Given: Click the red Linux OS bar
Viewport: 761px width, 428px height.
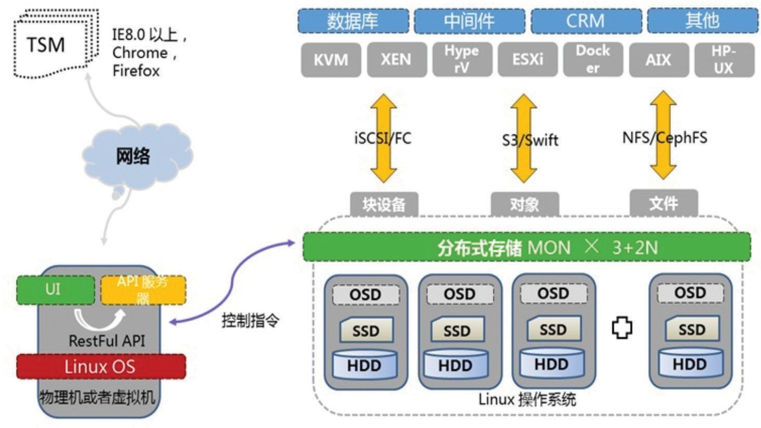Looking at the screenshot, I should click(x=101, y=367).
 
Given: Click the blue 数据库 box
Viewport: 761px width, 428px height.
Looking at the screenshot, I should click(x=353, y=21).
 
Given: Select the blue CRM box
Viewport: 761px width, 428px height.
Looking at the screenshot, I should click(x=586, y=21).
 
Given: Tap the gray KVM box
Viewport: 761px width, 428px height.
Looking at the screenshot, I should click(x=331, y=60).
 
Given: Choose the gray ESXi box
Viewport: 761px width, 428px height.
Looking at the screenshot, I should click(x=528, y=60).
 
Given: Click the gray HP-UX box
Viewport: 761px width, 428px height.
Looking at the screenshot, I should click(x=724, y=60).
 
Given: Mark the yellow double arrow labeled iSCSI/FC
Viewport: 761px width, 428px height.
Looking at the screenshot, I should click(x=383, y=138).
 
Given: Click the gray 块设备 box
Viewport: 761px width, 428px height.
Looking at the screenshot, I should click(x=384, y=204).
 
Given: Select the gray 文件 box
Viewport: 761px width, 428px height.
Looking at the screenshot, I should click(x=663, y=203).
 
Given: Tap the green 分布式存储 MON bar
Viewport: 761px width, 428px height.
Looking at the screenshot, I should click(x=526, y=247).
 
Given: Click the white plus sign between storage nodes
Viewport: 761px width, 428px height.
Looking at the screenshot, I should click(x=622, y=328).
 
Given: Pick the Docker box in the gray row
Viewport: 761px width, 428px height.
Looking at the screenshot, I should click(x=593, y=60).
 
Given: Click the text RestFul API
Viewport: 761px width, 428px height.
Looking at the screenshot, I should click(x=107, y=341).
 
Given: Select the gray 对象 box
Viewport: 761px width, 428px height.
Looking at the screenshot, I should click(x=524, y=204).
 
